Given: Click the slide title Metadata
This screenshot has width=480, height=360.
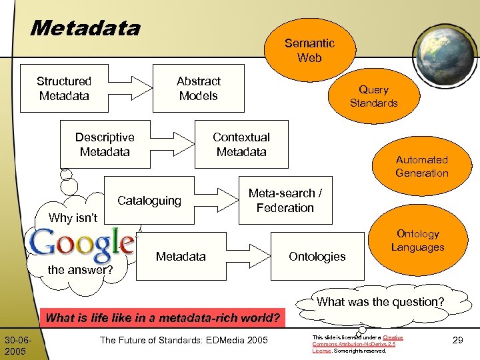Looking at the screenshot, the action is [x=85, y=28].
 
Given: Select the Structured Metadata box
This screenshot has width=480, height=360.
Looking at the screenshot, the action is [x=64, y=89].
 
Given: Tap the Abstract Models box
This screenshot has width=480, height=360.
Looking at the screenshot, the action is [x=198, y=89].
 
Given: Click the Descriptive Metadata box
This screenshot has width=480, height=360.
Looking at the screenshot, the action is [x=105, y=145].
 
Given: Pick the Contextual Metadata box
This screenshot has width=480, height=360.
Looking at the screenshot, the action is [x=241, y=145].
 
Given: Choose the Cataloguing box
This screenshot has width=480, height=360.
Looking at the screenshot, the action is [x=149, y=201].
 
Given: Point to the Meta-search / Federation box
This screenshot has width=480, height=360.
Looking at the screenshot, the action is [x=285, y=201].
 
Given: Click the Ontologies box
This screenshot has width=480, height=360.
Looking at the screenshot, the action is [x=317, y=257].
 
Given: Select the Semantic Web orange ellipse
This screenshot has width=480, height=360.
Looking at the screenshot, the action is [x=309, y=51].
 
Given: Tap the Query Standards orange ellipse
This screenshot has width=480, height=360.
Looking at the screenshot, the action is [x=373, y=96].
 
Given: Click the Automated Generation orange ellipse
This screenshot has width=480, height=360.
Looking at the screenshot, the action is [x=421, y=167].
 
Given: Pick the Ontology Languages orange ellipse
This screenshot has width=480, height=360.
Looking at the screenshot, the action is [x=417, y=241].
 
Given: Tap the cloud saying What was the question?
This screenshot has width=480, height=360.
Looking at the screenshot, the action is [x=380, y=302].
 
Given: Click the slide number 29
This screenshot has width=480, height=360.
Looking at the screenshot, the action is [x=458, y=341].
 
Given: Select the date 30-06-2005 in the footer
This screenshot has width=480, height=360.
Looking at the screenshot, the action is [x=15, y=345].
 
